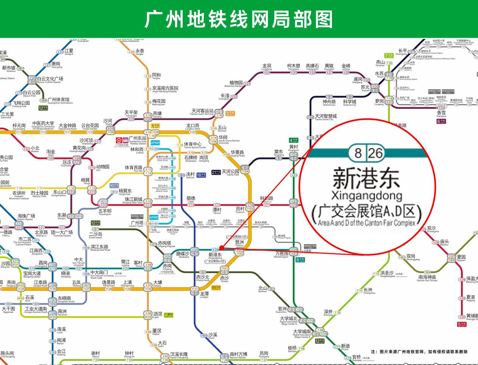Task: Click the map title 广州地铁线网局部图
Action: [239, 19]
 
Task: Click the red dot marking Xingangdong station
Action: [222, 248]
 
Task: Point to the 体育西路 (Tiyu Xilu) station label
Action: [134, 168]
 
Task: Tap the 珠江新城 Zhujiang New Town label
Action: [133, 200]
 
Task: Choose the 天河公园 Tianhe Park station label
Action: [230, 172]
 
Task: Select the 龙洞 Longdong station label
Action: [266, 67]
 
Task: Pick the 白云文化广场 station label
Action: [50, 79]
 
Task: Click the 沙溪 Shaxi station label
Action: [213, 335]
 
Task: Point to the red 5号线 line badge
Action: [462, 324]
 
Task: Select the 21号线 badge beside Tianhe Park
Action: [216, 172]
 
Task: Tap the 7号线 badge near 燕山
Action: [389, 55]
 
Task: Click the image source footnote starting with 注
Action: [419, 352]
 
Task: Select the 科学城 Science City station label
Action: [349, 103]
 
